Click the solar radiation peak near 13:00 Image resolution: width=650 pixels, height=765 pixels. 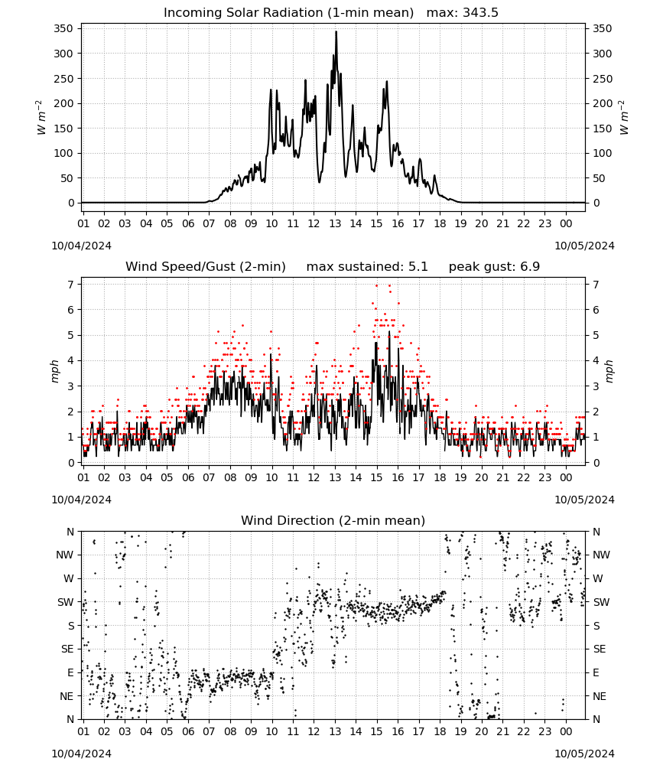click(x=336, y=32)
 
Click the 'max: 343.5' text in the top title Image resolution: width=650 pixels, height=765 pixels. click(x=463, y=13)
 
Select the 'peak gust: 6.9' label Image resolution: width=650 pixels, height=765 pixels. click(x=494, y=267)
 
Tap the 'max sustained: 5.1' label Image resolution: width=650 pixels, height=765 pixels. click(x=367, y=267)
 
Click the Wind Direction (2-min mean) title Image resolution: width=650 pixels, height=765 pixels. click(x=333, y=520)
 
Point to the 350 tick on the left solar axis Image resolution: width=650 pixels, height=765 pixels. click(x=63, y=29)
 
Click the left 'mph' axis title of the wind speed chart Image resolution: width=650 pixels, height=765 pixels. click(x=54, y=371)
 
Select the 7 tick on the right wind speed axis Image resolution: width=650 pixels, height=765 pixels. click(x=596, y=285)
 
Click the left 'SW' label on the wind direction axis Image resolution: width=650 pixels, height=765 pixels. click(x=66, y=603)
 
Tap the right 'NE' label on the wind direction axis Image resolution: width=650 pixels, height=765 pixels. click(x=600, y=697)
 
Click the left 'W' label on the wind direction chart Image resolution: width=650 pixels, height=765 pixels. click(x=69, y=579)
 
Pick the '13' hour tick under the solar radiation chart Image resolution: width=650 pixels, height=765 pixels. click(x=335, y=224)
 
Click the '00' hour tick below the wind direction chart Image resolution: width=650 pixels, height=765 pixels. click(x=566, y=732)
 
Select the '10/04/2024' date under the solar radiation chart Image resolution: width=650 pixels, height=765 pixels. click(x=81, y=246)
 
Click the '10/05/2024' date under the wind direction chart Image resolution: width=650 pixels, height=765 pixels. click(x=584, y=754)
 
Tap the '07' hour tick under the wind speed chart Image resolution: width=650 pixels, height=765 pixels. click(x=209, y=477)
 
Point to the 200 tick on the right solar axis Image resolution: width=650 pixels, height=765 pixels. click(x=603, y=103)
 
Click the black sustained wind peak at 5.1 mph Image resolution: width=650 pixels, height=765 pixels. click(x=389, y=332)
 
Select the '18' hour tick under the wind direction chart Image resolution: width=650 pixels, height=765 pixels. click(x=440, y=732)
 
